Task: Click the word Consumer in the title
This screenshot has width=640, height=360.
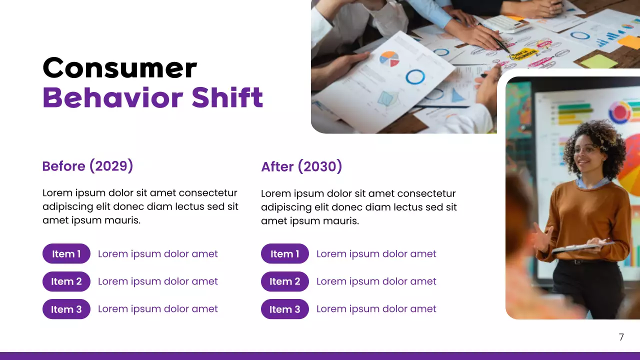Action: click(119, 68)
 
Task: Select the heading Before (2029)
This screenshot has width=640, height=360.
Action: click(87, 166)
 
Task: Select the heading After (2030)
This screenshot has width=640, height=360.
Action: click(301, 166)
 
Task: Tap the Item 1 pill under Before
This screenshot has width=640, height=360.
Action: click(66, 254)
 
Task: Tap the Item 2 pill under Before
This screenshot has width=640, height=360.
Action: click(66, 281)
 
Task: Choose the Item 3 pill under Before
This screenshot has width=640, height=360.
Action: click(66, 309)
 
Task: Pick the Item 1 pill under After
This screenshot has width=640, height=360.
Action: click(284, 254)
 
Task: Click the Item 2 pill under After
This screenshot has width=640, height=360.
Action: click(284, 281)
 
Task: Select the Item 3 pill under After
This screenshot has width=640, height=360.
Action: click(284, 309)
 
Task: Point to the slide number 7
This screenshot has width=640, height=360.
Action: click(621, 337)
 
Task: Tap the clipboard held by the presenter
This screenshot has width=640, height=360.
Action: click(580, 246)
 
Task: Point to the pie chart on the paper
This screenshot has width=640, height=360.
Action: click(389, 59)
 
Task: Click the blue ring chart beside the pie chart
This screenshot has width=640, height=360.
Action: click(415, 76)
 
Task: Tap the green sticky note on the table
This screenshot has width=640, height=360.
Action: click(599, 61)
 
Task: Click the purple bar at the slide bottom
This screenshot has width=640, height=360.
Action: click(320, 356)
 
